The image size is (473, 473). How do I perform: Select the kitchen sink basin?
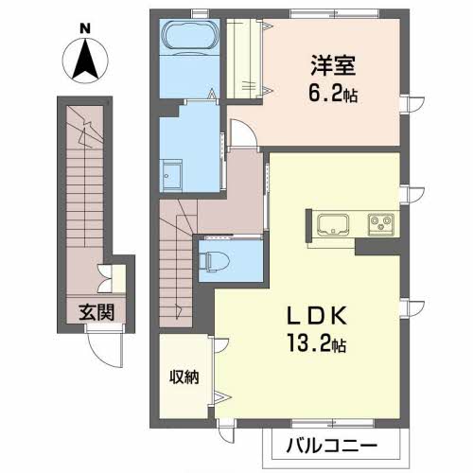tap(333, 224)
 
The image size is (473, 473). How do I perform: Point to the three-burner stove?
tap(381, 224)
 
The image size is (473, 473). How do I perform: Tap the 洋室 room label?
tap(333, 65)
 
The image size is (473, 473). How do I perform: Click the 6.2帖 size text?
tap(333, 94)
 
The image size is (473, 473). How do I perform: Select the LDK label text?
tap(317, 316)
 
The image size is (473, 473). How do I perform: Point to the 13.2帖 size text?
tap(316, 343)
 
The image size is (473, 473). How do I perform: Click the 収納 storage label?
tap(184, 377)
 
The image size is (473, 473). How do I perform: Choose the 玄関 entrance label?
tap(96, 312)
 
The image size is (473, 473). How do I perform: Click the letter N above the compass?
tap(85, 28)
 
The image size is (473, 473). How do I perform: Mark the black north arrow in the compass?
tap(85, 61)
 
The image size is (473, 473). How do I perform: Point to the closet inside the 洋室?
tap(243, 59)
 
